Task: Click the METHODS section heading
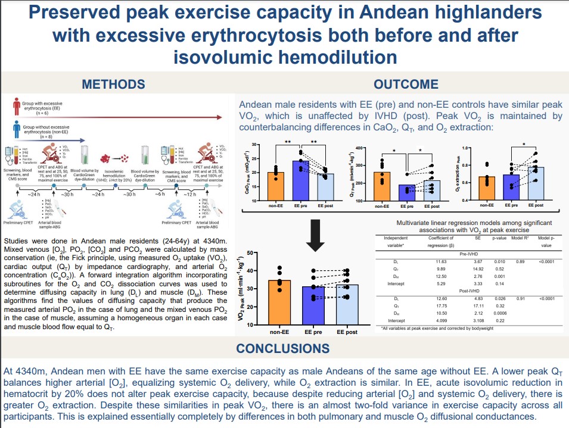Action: (x=113, y=84)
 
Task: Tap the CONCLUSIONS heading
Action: (x=283, y=348)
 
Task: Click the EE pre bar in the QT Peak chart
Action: (x=407, y=193)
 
